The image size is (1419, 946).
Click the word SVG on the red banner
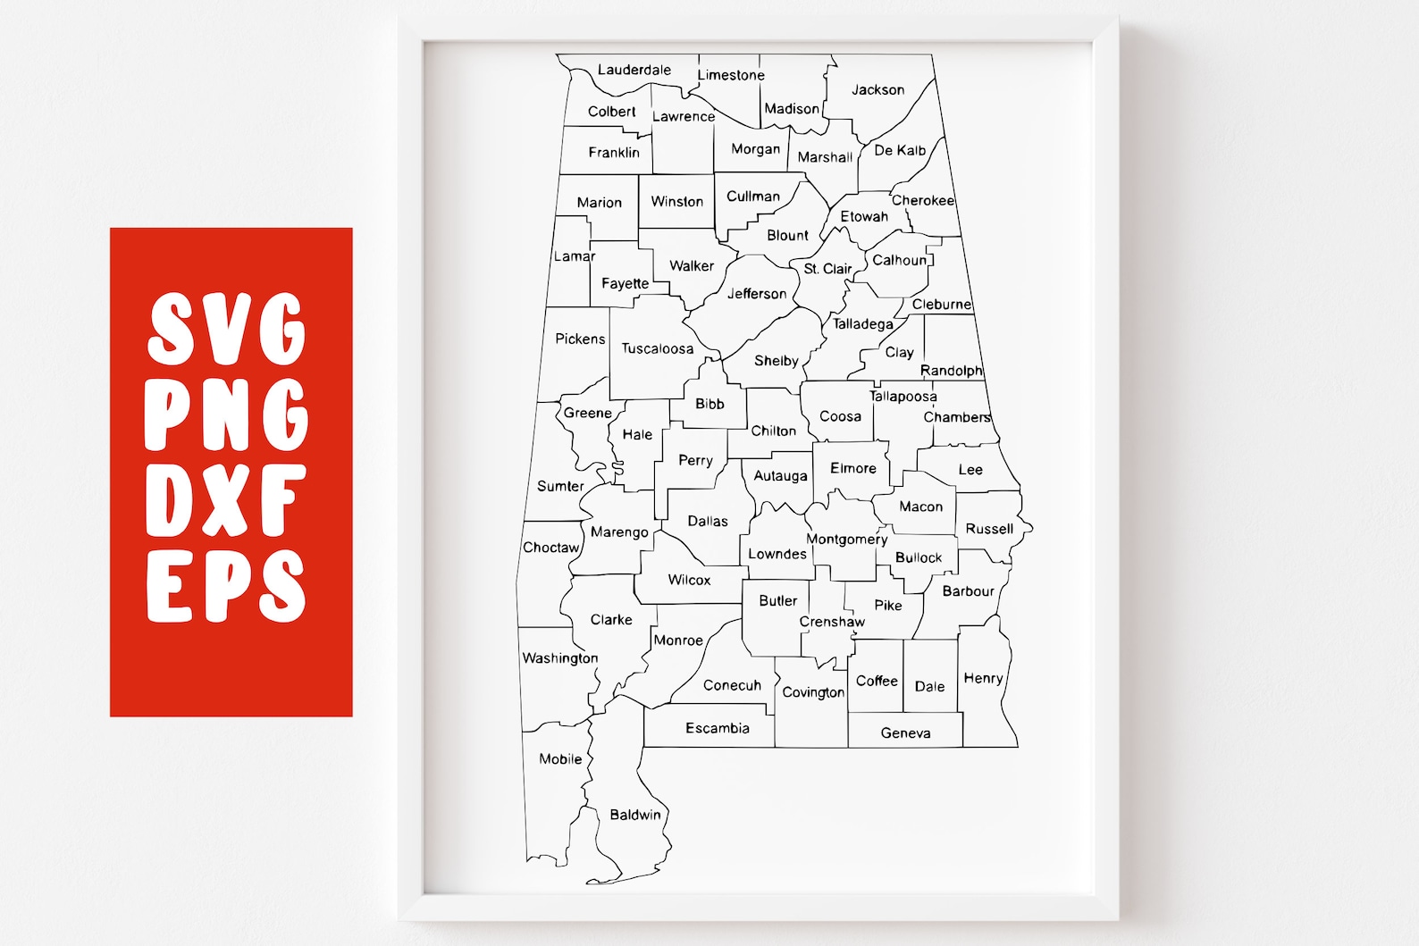pos(227,329)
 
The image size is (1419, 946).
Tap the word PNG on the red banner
pos(227,414)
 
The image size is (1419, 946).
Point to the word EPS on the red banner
pos(227,585)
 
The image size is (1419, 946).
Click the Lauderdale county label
pos(634,70)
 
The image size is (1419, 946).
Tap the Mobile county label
pos(560,759)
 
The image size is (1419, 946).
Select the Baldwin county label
pos(635,815)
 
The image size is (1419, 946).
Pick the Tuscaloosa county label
pos(658,348)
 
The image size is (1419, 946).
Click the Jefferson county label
pos(757,294)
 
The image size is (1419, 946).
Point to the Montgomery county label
pos(847,540)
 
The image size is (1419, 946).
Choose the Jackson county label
pos(877,89)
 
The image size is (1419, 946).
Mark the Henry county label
pos(984,679)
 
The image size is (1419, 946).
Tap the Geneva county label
pos(905,733)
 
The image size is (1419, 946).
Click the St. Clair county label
pos(827,269)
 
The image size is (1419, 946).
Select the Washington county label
pos(560,658)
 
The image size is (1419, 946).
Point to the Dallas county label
pos(708,521)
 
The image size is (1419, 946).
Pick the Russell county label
pos(989,529)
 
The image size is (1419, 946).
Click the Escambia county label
pos(718,728)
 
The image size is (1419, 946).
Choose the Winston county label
pos(677,202)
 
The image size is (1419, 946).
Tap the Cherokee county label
pos(923,201)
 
